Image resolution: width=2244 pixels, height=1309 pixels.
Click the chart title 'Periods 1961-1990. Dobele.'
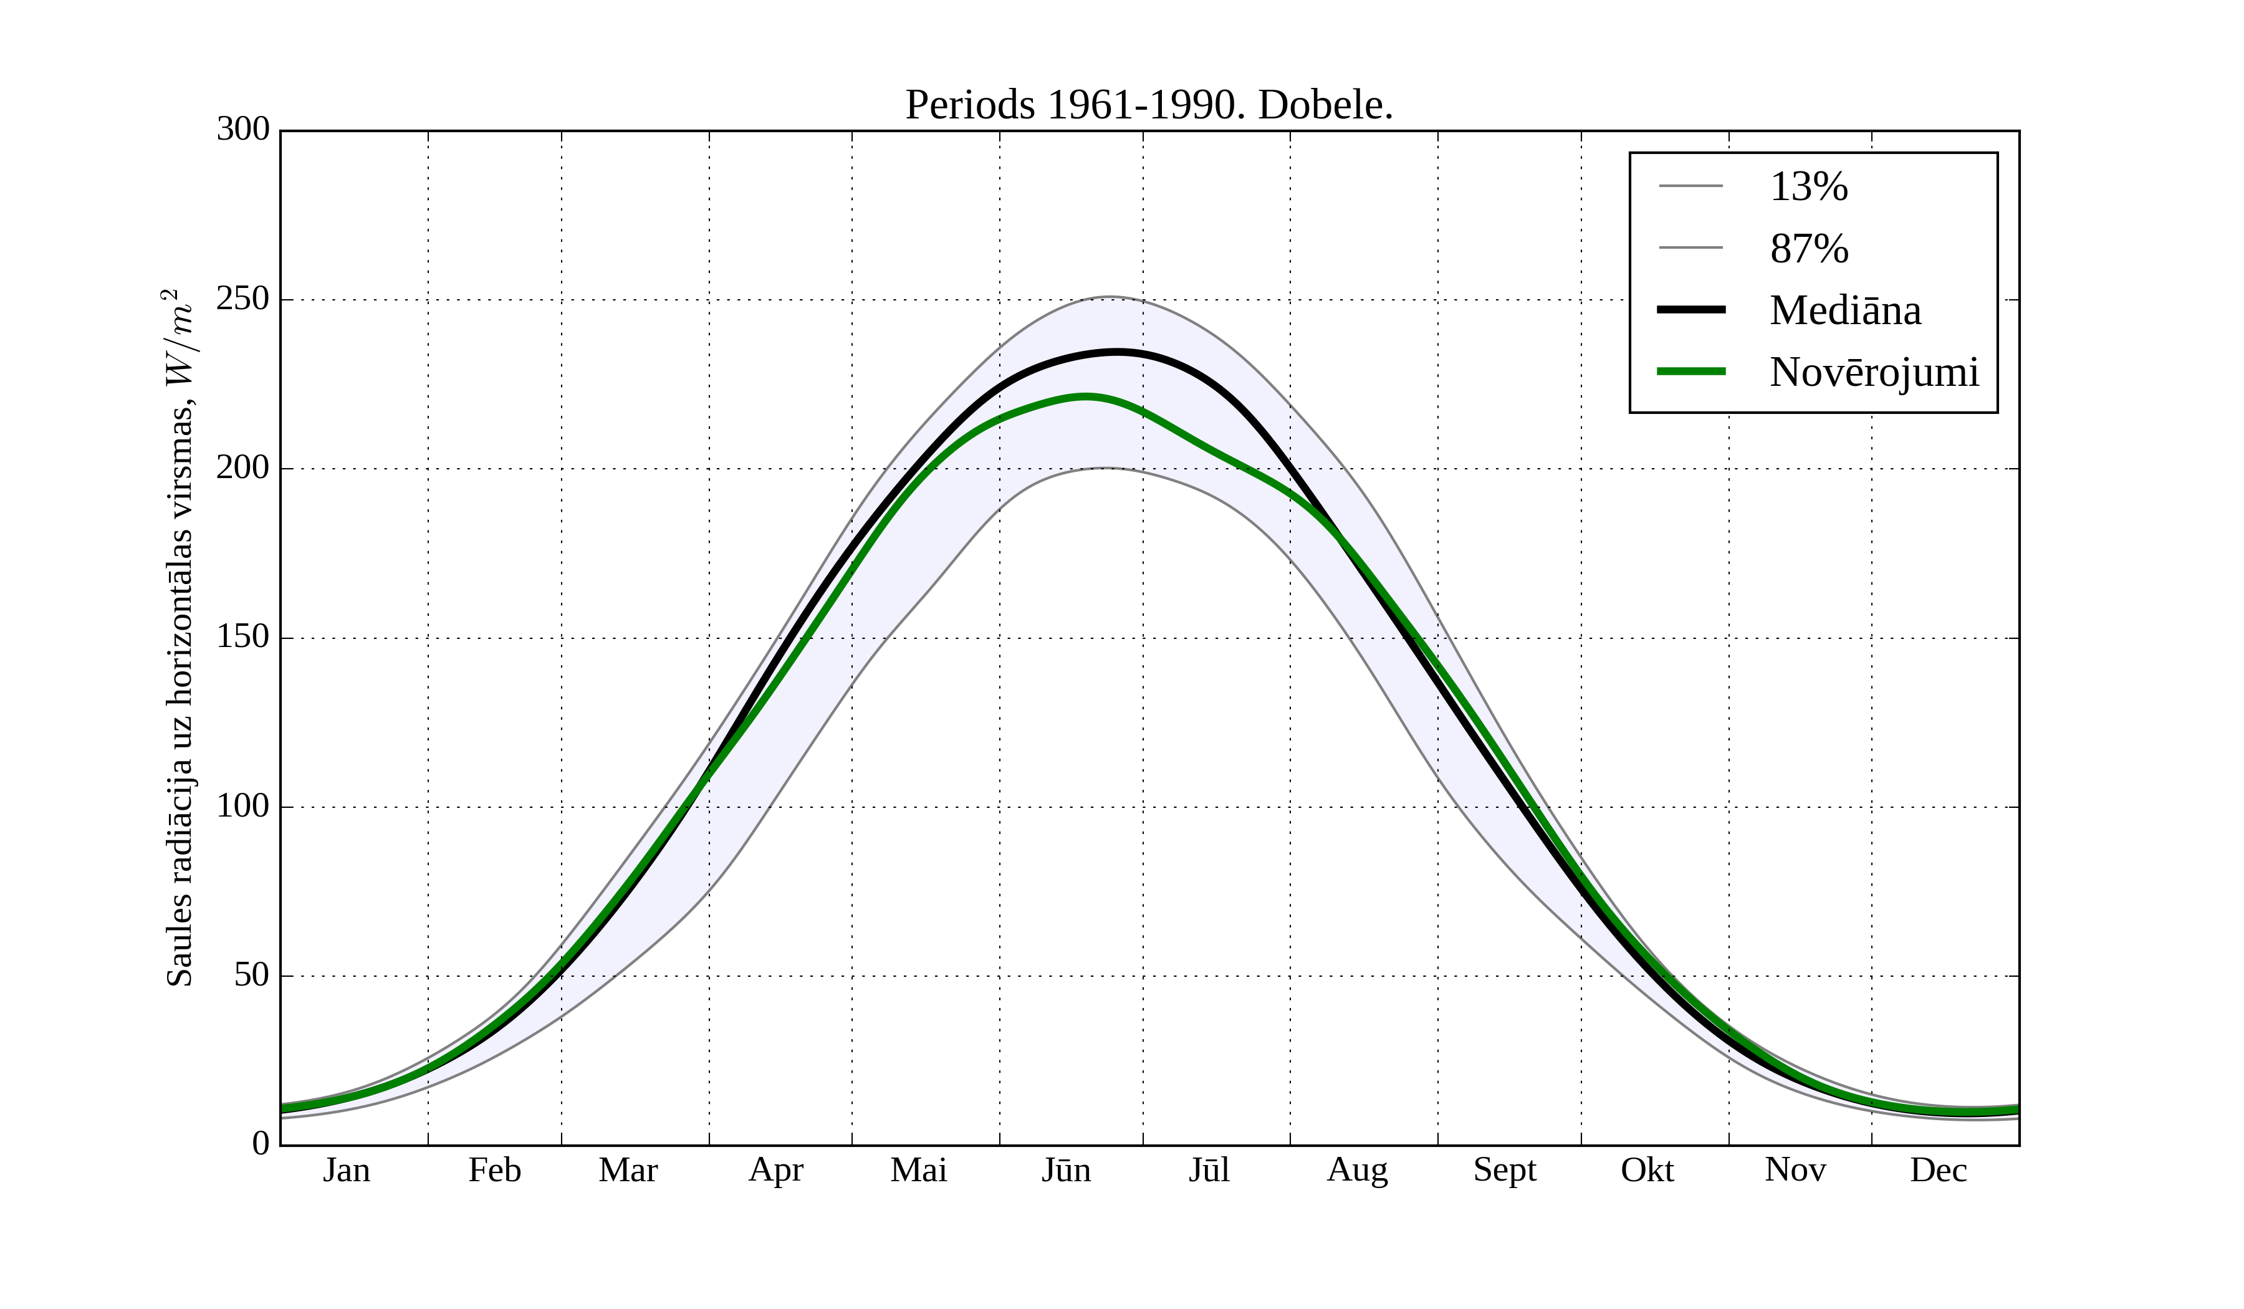(1149, 105)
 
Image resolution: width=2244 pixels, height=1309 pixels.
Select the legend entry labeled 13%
(1808, 187)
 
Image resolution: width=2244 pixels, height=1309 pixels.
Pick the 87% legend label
(1808, 249)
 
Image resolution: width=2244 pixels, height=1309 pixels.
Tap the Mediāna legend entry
(1845, 310)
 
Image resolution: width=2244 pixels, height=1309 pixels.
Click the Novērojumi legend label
(1874, 372)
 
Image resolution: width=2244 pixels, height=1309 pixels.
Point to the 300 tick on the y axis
(243, 129)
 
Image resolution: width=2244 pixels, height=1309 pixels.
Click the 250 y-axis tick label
(243, 299)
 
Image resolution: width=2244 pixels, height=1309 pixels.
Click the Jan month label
(347, 1170)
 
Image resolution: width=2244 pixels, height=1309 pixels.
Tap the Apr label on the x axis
(775, 1170)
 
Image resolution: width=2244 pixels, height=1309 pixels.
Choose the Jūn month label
(1066, 1170)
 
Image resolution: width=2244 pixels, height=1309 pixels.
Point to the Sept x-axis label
(1505, 1170)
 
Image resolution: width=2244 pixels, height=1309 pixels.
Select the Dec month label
(1939, 1170)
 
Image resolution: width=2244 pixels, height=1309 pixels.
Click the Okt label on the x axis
(1647, 1170)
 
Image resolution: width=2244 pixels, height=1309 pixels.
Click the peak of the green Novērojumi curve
(1085, 397)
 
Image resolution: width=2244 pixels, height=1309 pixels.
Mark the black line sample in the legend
(1691, 310)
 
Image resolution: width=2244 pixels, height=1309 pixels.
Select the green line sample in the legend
(1691, 372)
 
